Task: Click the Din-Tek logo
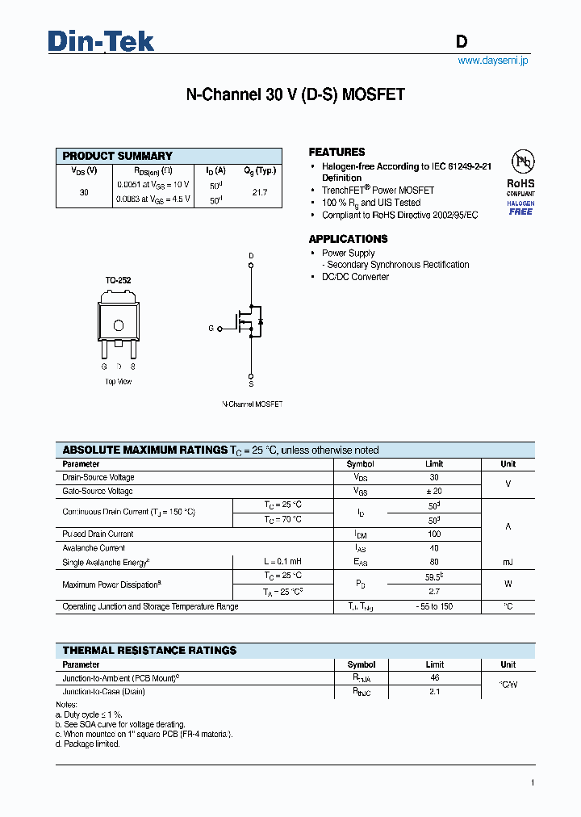(101, 41)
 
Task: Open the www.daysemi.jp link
(492, 61)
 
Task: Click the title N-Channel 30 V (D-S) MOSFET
(295, 94)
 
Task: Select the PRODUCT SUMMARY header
(118, 156)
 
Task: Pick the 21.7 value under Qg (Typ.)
(259, 193)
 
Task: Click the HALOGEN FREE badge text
(520, 207)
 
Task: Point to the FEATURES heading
(336, 152)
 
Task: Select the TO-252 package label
(118, 280)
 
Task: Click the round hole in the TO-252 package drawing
(119, 325)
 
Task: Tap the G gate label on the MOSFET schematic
(211, 329)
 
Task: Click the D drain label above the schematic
(251, 256)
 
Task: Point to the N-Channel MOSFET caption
(252, 404)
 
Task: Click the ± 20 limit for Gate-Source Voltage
(434, 491)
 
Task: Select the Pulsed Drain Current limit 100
(434, 534)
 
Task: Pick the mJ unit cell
(508, 562)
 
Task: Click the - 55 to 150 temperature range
(434, 606)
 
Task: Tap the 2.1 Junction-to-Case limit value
(434, 692)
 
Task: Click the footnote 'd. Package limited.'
(88, 744)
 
